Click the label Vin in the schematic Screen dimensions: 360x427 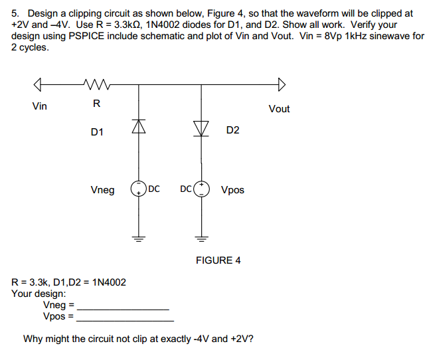tap(40, 106)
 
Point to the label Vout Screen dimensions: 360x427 tap(279, 109)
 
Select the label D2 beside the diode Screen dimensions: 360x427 tap(232, 130)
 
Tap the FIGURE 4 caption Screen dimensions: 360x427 tap(218, 260)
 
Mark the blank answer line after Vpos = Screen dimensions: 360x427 tap(125, 319)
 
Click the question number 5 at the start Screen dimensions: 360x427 tap(15, 13)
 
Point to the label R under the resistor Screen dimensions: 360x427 tap(96, 103)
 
